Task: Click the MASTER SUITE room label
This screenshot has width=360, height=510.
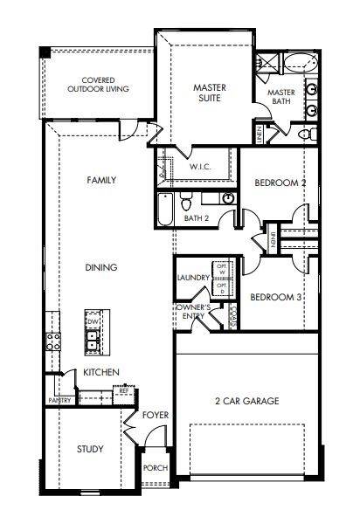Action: point(210,93)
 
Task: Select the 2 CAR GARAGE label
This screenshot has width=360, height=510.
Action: point(247,401)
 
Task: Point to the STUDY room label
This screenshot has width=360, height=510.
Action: point(89,450)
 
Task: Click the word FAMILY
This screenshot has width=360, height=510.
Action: point(101,180)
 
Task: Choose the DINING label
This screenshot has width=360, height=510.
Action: point(101,267)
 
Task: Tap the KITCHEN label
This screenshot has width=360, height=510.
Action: point(101,373)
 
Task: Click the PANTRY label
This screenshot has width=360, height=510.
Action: point(59,401)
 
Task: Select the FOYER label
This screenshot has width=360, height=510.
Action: point(156,415)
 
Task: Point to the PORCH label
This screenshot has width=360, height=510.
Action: point(155,468)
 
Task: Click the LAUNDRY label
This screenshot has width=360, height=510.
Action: point(192,278)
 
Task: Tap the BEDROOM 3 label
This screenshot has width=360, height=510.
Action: point(276,297)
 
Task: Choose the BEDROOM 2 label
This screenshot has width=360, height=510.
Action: point(280,183)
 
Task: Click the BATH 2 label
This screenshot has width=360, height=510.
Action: point(196,219)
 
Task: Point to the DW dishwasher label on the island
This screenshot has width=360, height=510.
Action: point(92,322)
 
